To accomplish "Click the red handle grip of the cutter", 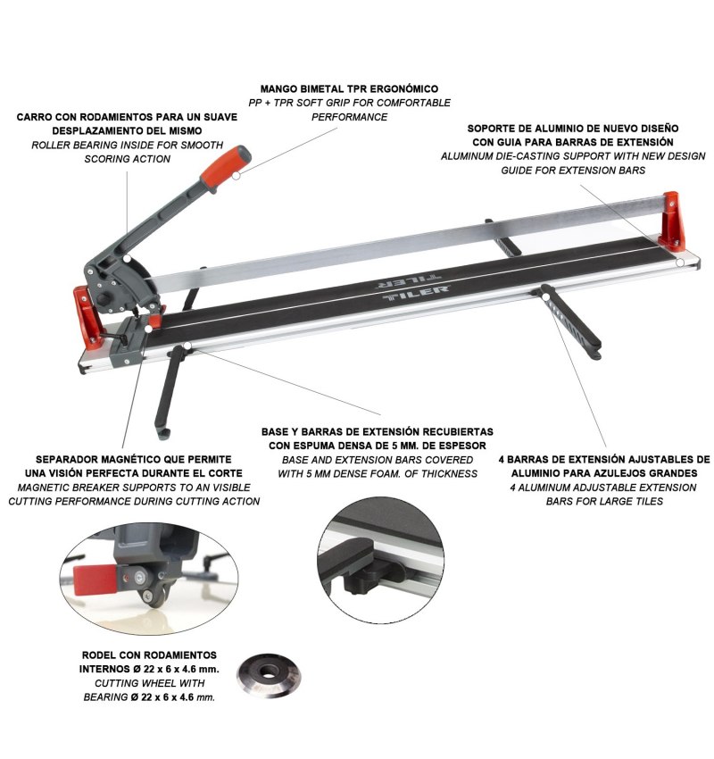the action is [226, 167].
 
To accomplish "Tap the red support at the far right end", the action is [673, 222].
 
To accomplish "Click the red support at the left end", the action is [88, 317].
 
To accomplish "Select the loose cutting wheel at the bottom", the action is [269, 675].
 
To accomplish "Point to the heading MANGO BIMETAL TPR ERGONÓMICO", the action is [349, 89].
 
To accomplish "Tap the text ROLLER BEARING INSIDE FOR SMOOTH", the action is [128, 146].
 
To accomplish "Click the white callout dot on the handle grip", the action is [236, 176].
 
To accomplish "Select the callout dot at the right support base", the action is [680, 263].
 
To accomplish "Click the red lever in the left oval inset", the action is [95, 580].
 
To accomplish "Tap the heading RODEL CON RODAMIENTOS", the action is [149, 655].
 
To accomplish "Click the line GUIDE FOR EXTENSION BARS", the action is [573, 171].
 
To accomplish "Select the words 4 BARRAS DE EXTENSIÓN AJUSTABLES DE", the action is [604, 459].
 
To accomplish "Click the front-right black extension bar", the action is [571, 320].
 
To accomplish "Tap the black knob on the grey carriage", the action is [104, 298].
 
